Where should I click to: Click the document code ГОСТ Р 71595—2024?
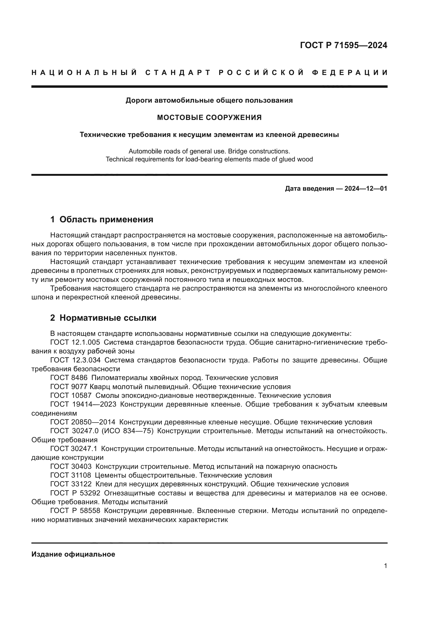coord(343,45)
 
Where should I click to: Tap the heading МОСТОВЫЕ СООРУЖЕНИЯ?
coord(209,118)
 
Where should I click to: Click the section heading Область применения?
coord(106,219)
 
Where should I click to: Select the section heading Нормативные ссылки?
coord(108,318)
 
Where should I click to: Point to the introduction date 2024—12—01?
coord(366,189)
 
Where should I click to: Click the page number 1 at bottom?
coord(385,566)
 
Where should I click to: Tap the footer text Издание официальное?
coord(73,554)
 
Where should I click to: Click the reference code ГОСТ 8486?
coord(69,378)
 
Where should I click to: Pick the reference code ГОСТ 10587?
coord(71,395)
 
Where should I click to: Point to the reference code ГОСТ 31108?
coord(71,475)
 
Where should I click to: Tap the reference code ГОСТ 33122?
coord(71,484)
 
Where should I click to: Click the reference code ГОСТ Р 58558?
coord(75,511)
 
